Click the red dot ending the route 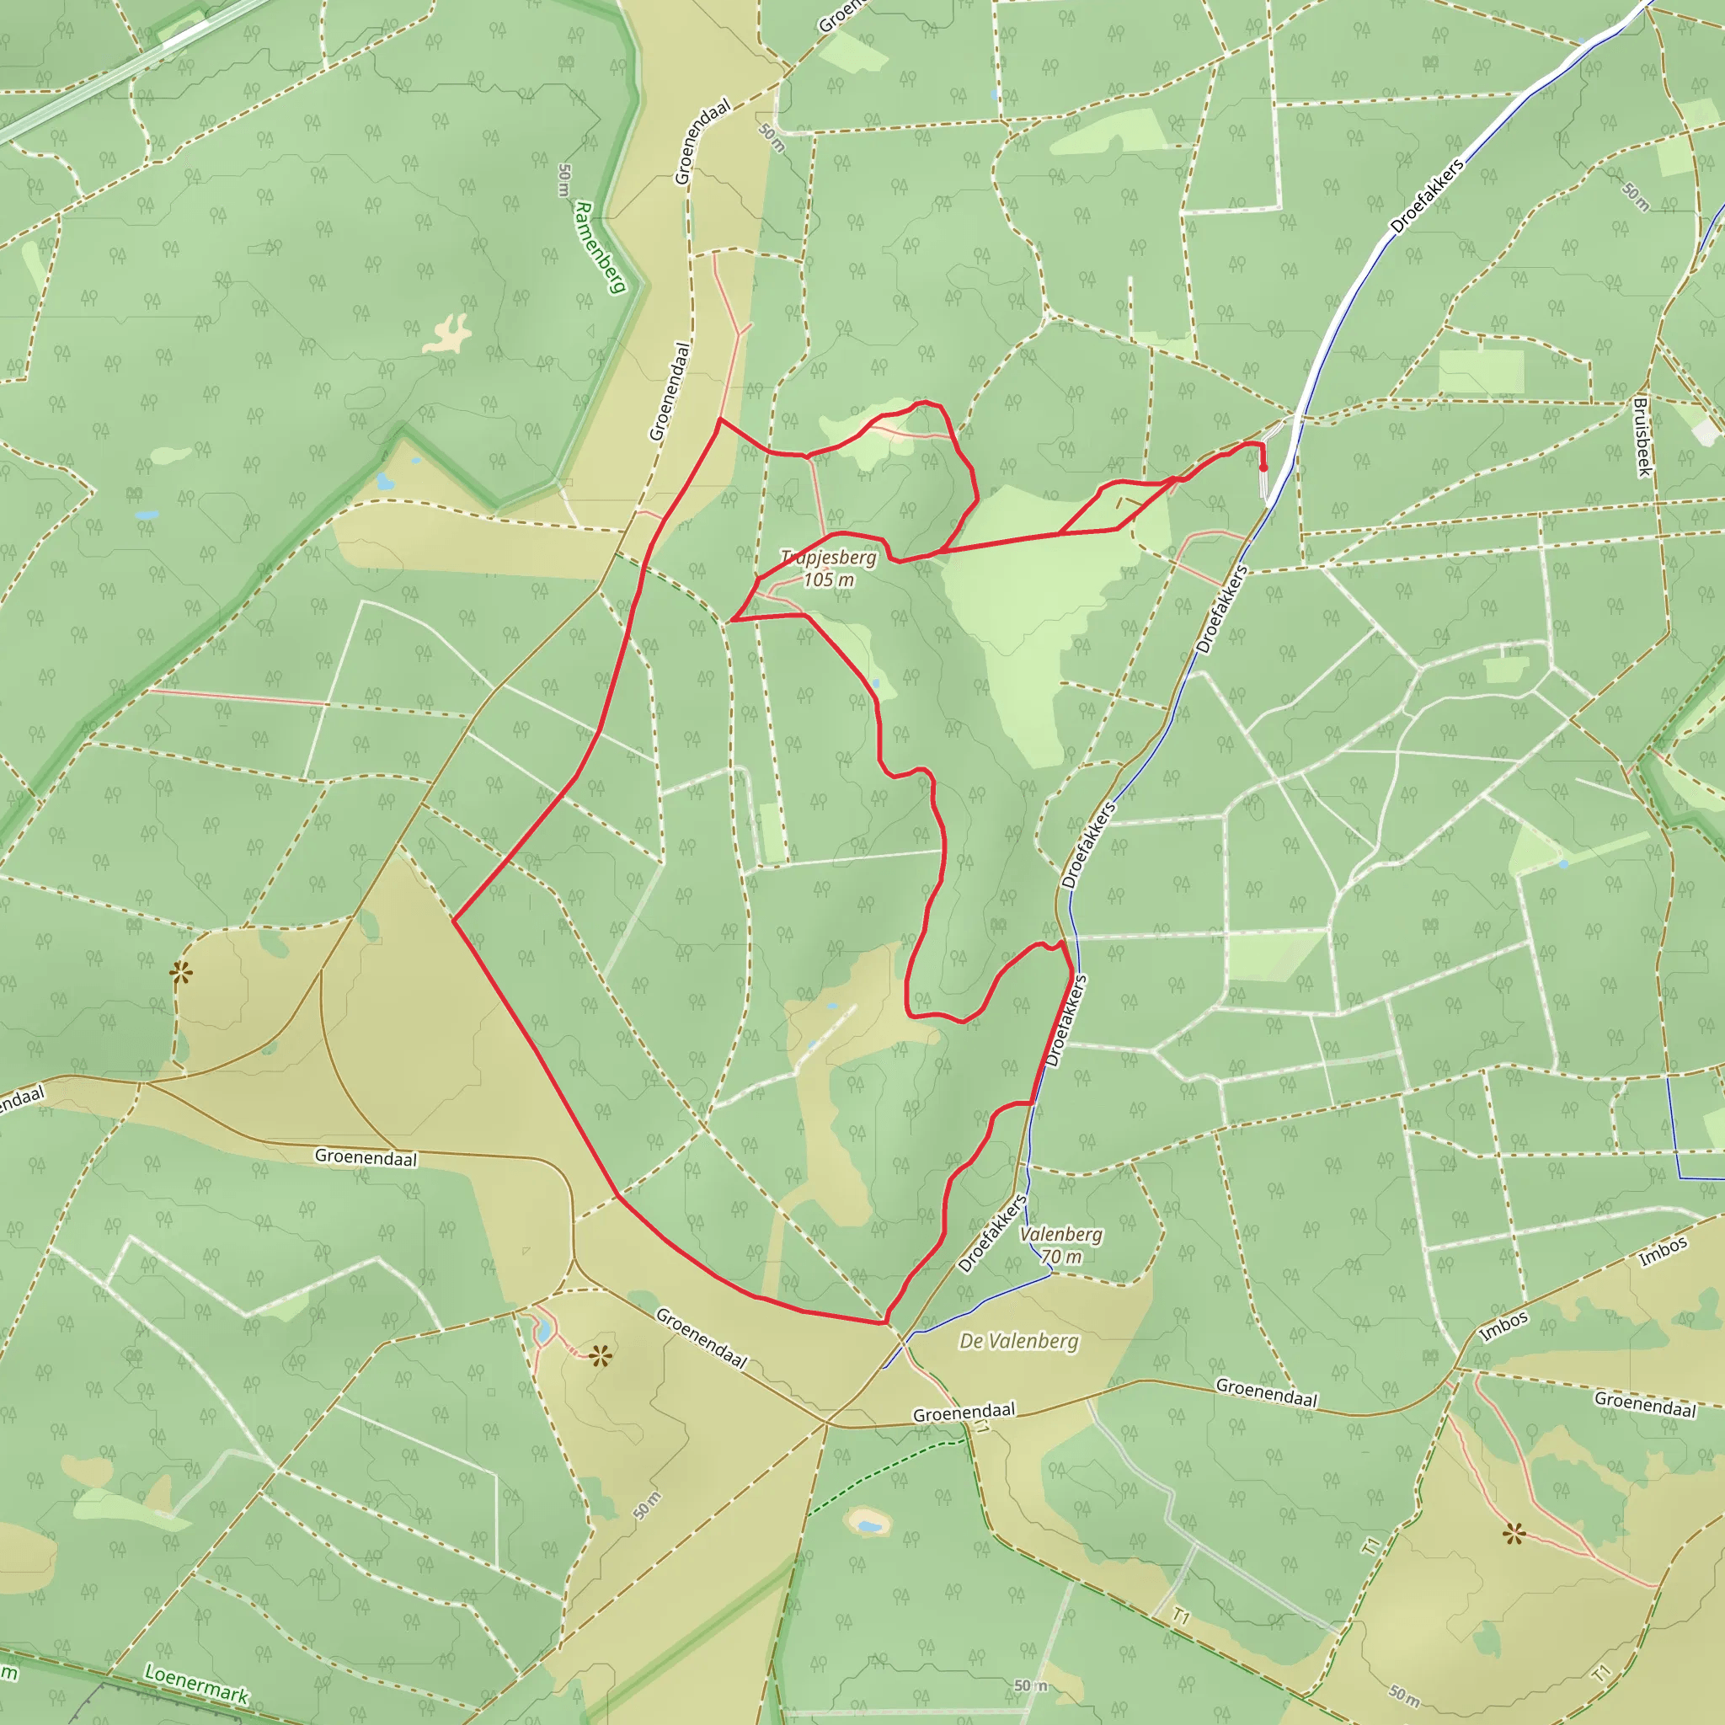tap(1263, 467)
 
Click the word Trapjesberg tap(829, 558)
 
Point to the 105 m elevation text tap(829, 580)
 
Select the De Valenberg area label tap(1019, 1341)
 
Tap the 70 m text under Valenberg tap(1060, 1256)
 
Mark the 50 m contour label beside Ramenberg tap(563, 180)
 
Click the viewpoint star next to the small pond tap(601, 1357)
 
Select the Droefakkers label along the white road tap(1427, 196)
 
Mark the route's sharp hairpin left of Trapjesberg tap(732, 619)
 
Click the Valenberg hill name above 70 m tap(1060, 1235)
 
